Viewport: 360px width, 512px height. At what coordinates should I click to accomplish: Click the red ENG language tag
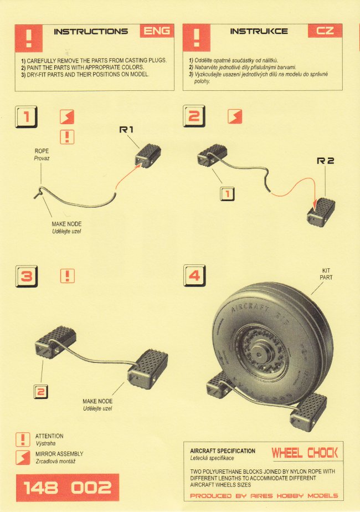click(157, 31)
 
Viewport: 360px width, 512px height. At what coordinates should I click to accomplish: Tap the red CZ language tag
click(325, 31)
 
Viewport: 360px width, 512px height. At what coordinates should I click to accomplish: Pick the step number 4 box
click(194, 275)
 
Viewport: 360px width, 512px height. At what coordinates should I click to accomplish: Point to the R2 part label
click(326, 161)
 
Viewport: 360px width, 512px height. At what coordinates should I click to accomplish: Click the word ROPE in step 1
click(42, 151)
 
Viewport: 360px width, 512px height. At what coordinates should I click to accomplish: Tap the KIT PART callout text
click(326, 274)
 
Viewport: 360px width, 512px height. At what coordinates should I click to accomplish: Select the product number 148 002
click(68, 488)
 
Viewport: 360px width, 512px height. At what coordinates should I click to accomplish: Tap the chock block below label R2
click(321, 212)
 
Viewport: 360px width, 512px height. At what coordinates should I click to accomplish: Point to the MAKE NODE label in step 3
click(97, 401)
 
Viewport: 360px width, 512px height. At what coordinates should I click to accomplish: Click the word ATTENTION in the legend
click(49, 436)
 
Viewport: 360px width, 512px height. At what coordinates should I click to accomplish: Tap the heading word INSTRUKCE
click(259, 32)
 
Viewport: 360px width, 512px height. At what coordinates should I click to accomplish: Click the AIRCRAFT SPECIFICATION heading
click(223, 451)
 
